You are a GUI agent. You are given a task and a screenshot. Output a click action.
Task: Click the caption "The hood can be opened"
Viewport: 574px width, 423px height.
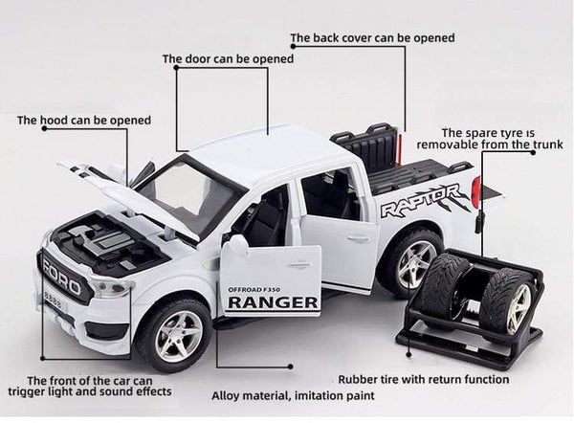pyautogui.click(x=84, y=121)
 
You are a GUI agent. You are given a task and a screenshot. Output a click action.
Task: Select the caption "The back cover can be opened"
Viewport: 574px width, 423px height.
pyautogui.click(x=372, y=38)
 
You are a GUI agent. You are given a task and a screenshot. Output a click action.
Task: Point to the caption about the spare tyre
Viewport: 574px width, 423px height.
pyautogui.click(x=500, y=140)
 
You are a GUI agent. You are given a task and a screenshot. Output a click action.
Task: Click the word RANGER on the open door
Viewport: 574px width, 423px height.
pyautogui.click(x=274, y=303)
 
